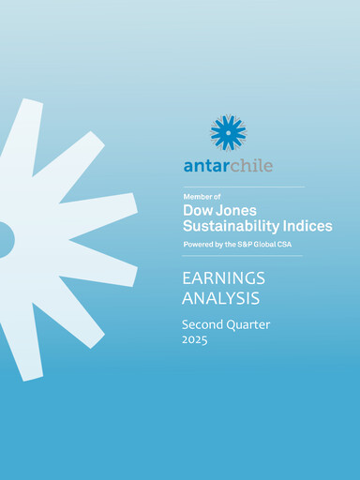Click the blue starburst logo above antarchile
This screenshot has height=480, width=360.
point(228,132)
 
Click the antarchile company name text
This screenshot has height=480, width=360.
point(228,166)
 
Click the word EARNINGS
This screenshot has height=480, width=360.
point(223,278)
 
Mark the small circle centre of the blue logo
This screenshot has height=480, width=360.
point(228,132)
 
